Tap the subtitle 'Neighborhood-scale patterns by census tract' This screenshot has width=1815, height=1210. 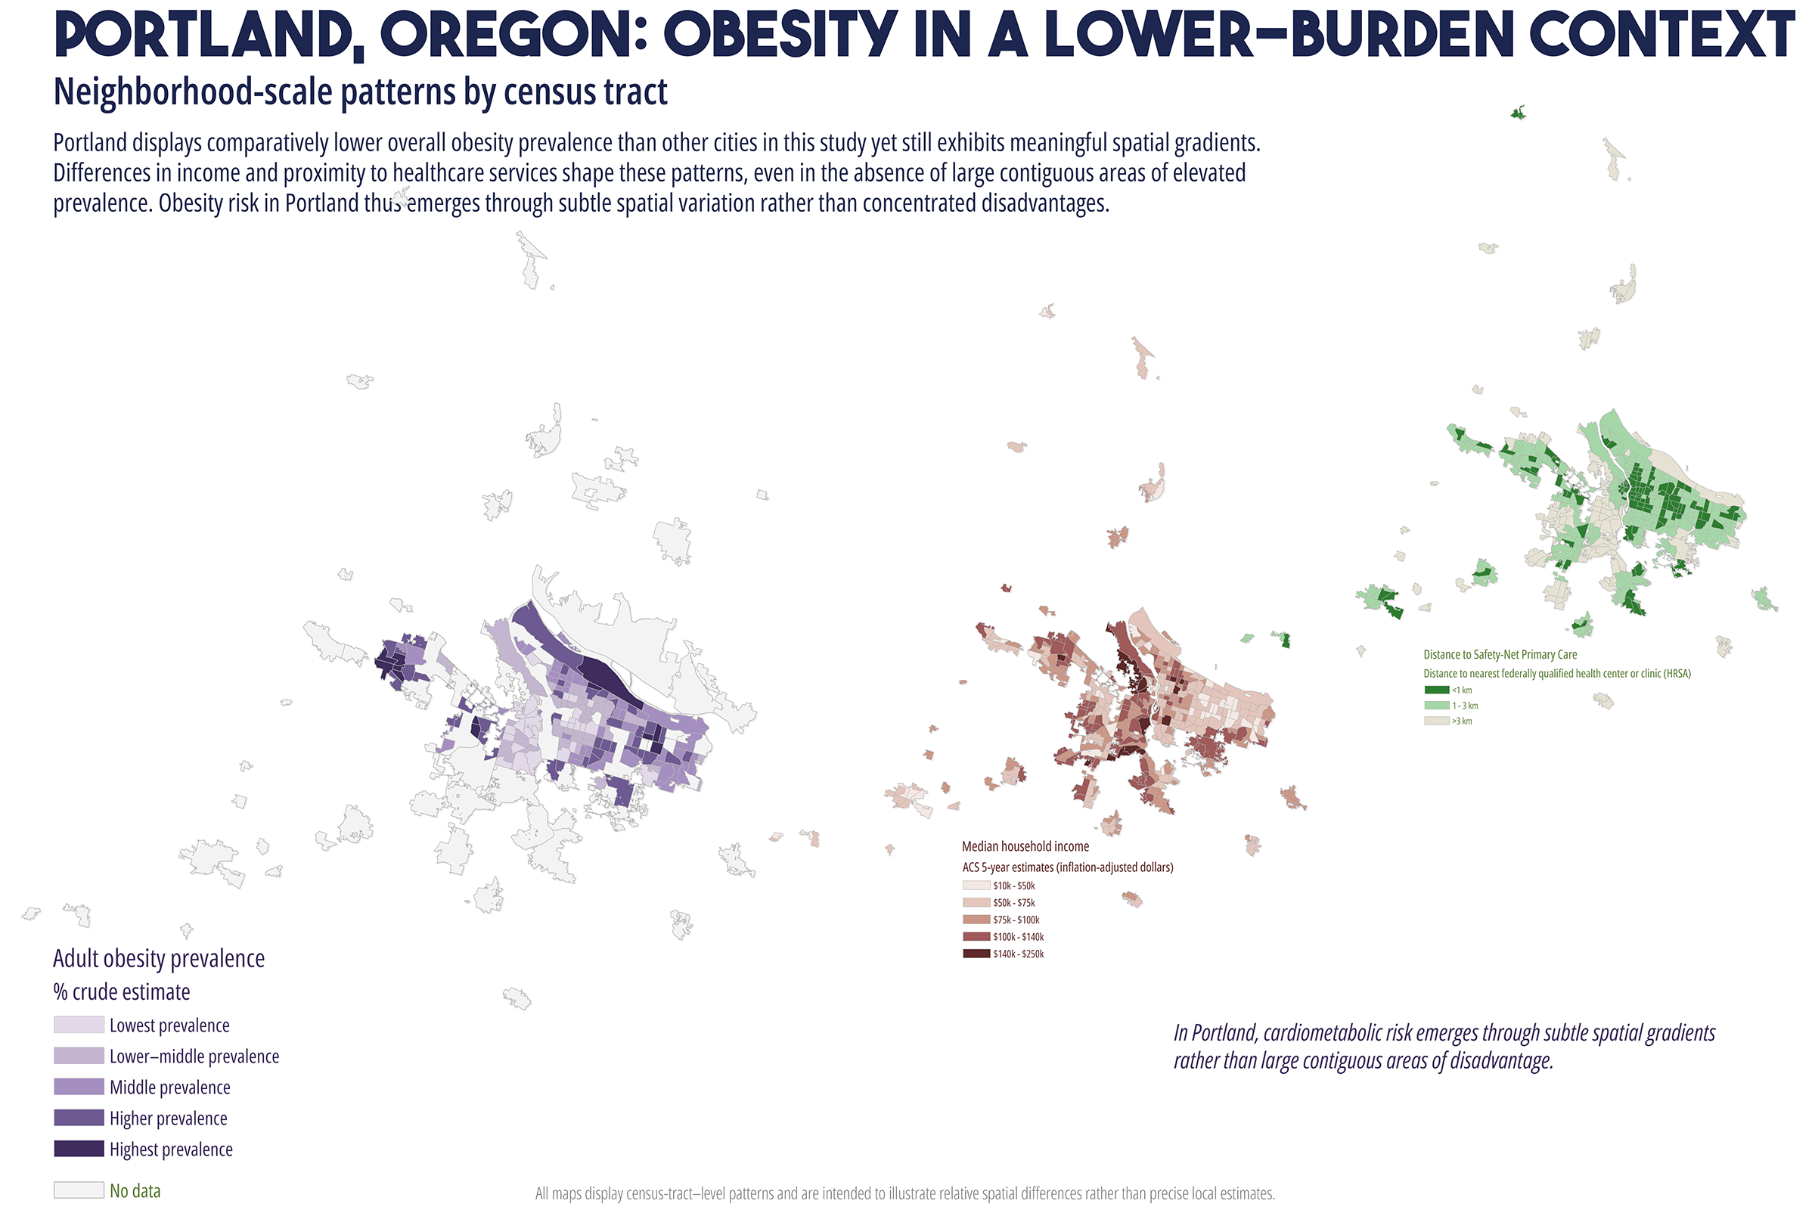361,92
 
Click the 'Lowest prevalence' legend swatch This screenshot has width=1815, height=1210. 79,1025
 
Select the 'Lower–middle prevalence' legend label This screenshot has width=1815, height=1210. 194,1056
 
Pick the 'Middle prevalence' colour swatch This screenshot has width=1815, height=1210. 79,1087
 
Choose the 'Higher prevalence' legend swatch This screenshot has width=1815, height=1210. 79,1118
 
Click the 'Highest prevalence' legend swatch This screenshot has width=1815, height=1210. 79,1148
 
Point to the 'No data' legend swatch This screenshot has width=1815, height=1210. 79,1190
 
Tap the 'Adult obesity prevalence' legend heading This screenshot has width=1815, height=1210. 159,959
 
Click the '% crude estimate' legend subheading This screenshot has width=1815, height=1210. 122,991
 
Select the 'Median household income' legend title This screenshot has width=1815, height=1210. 1025,846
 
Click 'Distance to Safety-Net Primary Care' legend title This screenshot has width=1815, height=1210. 1500,654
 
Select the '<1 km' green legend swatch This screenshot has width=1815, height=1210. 1437,690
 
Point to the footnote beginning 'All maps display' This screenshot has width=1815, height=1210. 905,1194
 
